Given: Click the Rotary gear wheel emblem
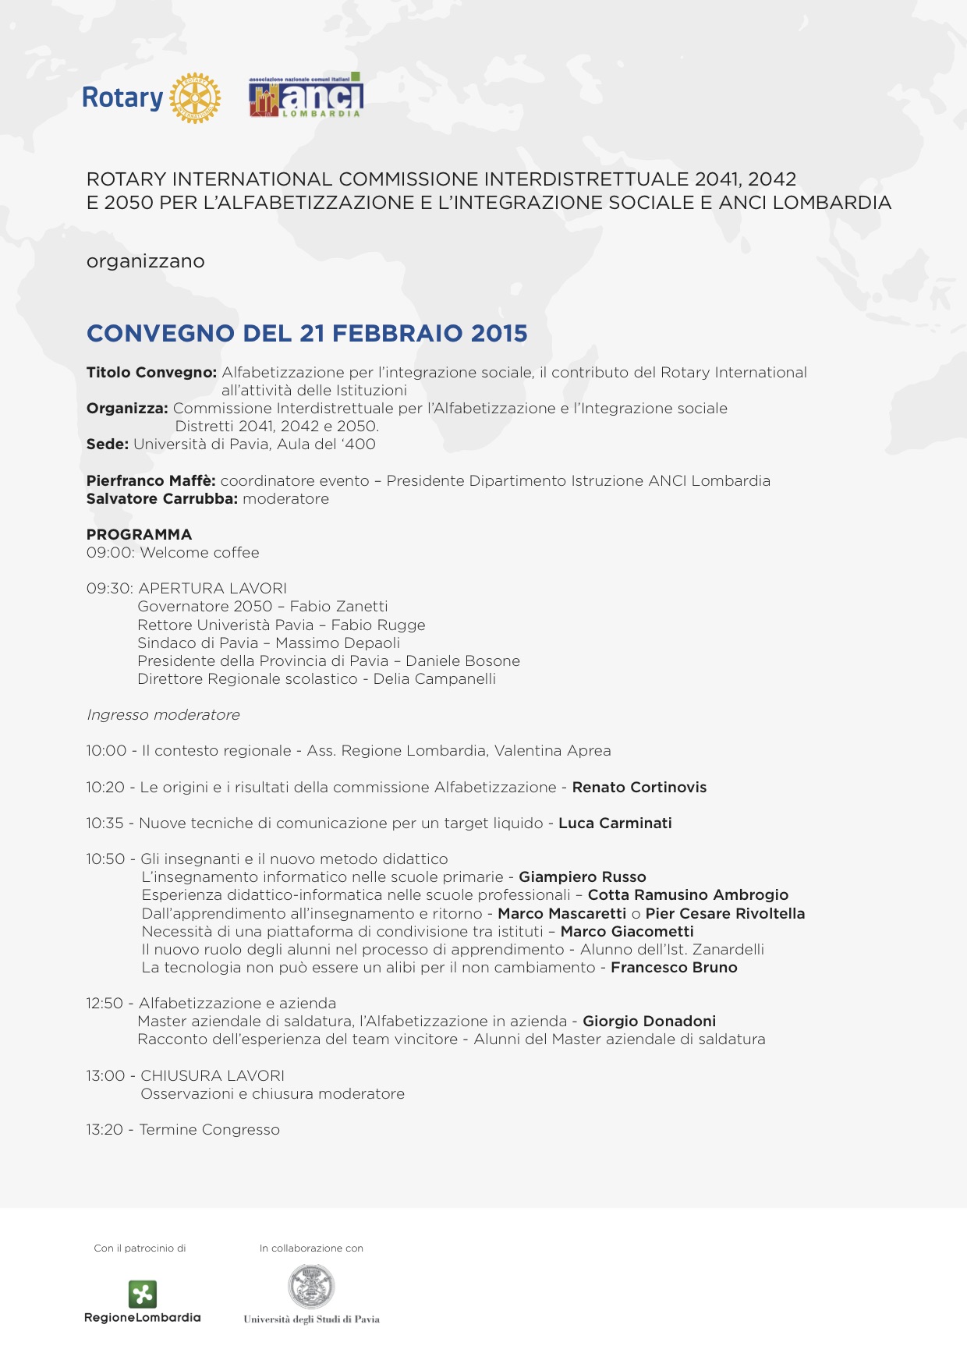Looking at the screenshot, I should point(195,98).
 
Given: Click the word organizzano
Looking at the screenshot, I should point(145,261).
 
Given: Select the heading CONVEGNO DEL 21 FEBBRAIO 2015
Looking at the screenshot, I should point(306,333).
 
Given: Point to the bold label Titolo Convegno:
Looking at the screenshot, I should point(151,373).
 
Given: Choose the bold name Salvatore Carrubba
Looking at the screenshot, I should point(161,499).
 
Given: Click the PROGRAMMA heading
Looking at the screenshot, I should point(139,535).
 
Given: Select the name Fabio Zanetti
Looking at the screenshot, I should point(338,607).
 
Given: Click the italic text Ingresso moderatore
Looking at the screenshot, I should point(163,715).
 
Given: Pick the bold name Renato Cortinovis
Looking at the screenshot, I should point(639,788).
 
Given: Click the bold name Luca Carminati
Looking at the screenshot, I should point(615,823).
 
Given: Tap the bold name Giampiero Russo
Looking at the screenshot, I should point(582,877).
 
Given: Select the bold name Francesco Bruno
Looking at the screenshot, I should point(674,968).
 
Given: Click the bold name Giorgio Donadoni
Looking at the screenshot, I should point(649,1022).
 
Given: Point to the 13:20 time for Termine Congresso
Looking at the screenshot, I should point(104,1130).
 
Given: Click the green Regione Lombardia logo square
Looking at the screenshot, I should point(143,1294).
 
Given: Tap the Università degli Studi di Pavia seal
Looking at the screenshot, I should point(311,1287).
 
